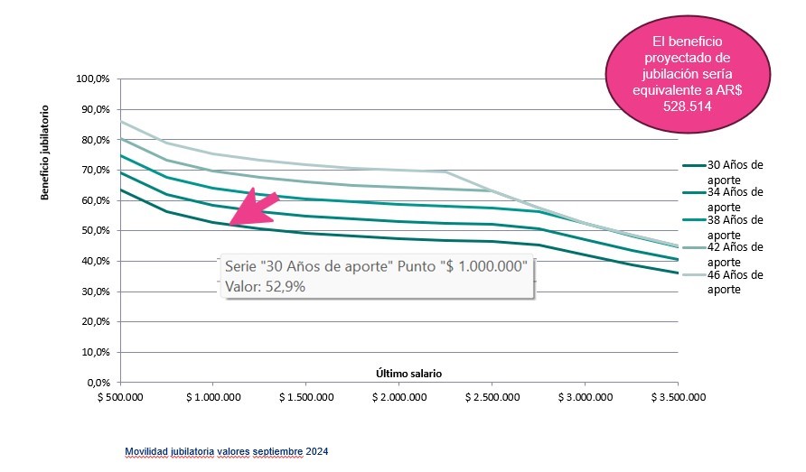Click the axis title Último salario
409,373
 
